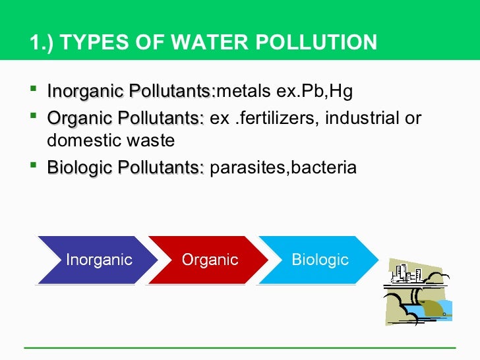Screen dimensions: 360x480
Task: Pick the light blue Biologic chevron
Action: (x=320, y=260)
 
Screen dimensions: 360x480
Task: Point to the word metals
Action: (x=240, y=90)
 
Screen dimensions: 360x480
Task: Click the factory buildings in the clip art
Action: (x=407, y=272)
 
